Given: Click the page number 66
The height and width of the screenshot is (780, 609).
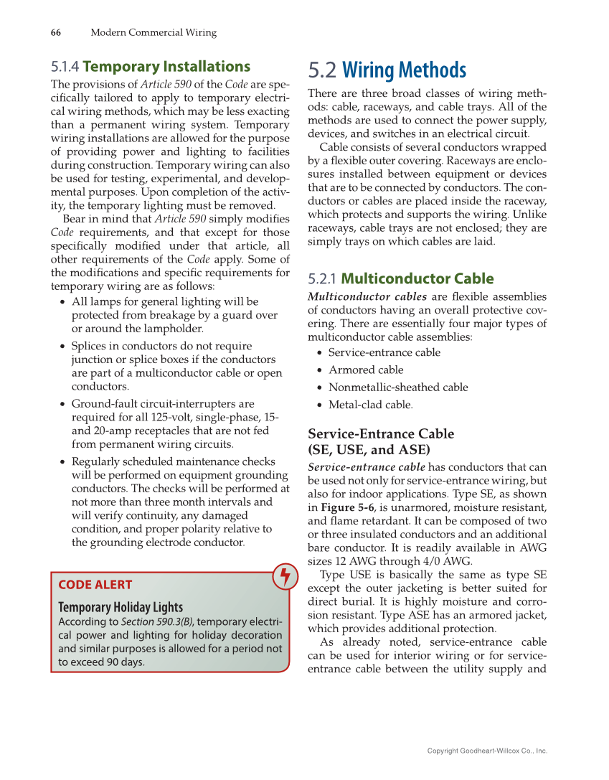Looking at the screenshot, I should [x=55, y=32].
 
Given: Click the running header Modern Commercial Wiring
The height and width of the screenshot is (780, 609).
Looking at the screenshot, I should [x=154, y=32].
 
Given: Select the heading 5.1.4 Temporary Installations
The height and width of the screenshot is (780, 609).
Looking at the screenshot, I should [x=151, y=67].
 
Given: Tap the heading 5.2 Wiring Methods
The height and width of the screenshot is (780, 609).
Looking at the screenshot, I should [x=387, y=70].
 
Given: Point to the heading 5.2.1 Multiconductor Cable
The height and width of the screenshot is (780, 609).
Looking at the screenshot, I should [x=400, y=278].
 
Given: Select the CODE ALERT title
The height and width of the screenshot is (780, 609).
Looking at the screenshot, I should [x=95, y=585].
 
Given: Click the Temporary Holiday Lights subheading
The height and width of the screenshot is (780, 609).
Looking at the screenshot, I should [x=121, y=607].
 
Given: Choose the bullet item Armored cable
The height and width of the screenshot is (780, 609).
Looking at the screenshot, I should [x=366, y=370].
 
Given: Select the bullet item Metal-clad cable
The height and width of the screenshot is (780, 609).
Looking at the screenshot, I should [x=370, y=405].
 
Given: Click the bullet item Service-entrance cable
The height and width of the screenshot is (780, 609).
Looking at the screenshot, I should [x=384, y=352].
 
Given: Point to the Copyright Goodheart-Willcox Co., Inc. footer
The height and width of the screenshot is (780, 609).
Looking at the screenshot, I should [x=487, y=751].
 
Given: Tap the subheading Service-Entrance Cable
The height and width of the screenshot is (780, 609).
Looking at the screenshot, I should [x=380, y=434].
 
